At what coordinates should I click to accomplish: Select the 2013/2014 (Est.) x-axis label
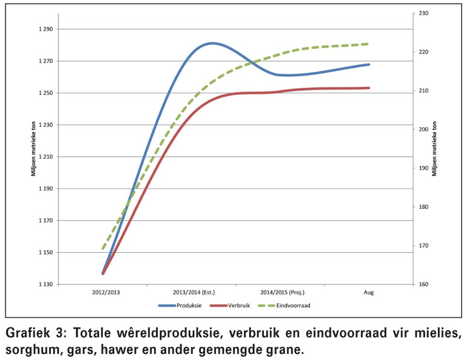[x=194, y=293]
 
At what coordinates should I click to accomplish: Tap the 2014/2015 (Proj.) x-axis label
[x=282, y=293]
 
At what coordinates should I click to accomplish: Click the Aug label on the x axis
[x=369, y=293]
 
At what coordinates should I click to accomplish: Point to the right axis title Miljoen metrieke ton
[x=435, y=149]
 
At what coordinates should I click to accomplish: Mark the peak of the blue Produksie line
[x=212, y=43]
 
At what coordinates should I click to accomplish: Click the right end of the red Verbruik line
[x=369, y=88]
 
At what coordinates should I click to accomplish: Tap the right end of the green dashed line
[x=369, y=44]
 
